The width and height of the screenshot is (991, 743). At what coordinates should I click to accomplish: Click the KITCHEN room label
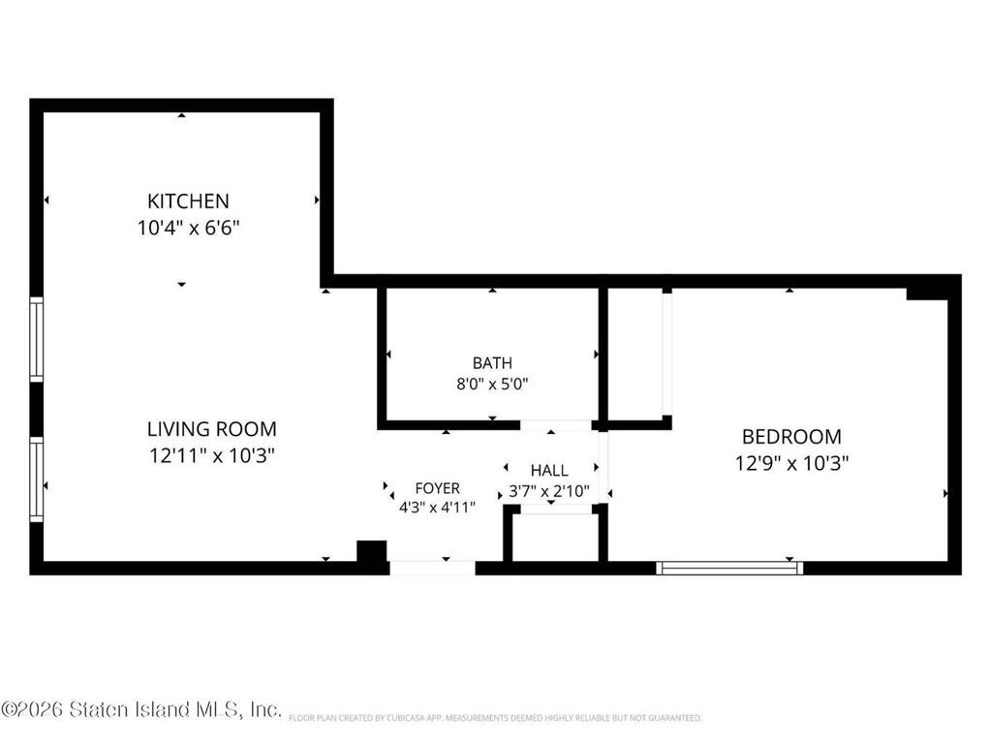pyautogui.click(x=188, y=201)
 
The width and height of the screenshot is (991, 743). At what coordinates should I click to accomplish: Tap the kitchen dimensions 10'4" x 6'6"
pyautogui.click(x=188, y=228)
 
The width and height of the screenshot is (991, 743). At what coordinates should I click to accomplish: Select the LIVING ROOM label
pyautogui.click(x=212, y=429)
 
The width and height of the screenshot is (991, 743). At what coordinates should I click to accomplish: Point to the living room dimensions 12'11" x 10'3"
pyautogui.click(x=212, y=455)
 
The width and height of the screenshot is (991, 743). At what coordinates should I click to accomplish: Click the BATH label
pyautogui.click(x=492, y=363)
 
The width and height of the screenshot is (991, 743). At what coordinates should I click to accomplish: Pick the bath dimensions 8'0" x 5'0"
pyautogui.click(x=492, y=385)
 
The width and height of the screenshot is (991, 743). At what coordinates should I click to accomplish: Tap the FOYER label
pyautogui.click(x=437, y=488)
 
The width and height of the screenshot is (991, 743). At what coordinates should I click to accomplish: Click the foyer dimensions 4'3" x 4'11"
pyautogui.click(x=437, y=508)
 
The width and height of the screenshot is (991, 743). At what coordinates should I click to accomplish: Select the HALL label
pyautogui.click(x=549, y=471)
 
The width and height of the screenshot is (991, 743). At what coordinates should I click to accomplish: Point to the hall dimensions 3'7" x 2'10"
pyautogui.click(x=549, y=491)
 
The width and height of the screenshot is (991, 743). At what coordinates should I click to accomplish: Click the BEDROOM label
pyautogui.click(x=791, y=437)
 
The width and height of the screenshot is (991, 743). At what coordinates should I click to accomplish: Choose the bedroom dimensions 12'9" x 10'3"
pyautogui.click(x=791, y=464)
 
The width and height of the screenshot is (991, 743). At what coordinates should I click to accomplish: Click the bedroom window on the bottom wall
pyautogui.click(x=729, y=568)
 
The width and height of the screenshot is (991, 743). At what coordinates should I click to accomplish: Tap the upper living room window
pyautogui.click(x=37, y=339)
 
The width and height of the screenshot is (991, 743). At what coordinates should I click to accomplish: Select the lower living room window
pyautogui.click(x=37, y=480)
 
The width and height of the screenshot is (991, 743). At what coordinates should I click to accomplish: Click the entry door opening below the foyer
pyautogui.click(x=432, y=568)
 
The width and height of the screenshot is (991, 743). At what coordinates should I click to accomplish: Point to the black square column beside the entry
pyautogui.click(x=372, y=551)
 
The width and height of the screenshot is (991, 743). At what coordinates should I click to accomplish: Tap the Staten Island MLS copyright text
pyautogui.click(x=140, y=709)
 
